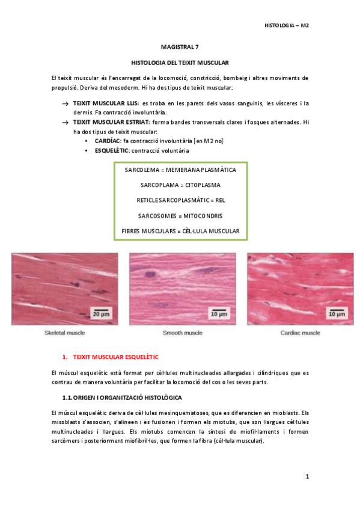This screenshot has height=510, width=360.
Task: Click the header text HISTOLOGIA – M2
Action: [286, 25]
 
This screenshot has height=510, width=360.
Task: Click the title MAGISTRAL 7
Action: [180, 46]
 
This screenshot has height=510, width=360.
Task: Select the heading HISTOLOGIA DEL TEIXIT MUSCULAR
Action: [180, 62]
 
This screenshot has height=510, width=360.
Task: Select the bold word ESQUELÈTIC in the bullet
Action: [112, 150]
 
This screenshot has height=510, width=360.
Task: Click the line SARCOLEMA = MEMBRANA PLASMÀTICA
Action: [180, 170]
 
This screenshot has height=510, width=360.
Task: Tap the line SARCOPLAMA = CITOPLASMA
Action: [180, 185]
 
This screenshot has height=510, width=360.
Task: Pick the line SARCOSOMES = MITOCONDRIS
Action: [180, 215]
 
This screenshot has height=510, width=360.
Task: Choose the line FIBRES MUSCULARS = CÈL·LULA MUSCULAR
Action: [180, 230]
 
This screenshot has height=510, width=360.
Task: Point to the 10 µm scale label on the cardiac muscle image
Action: [335, 314]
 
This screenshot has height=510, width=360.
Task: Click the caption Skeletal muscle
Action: [65, 333]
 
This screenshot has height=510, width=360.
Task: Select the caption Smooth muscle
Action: [182, 333]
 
